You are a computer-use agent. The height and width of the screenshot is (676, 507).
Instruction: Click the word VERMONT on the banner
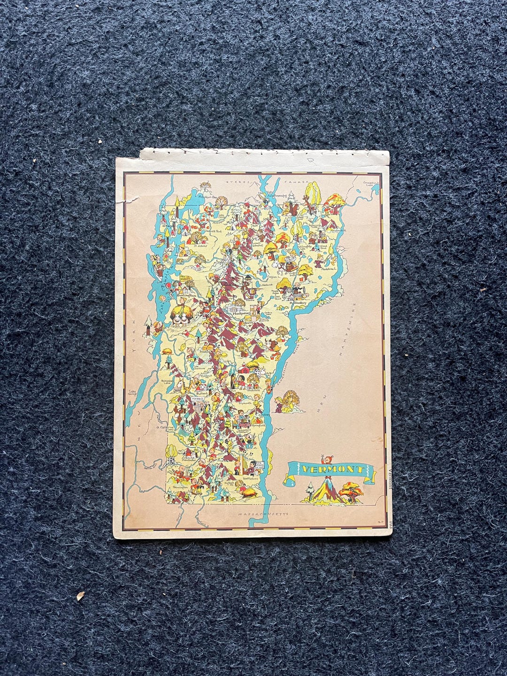331,470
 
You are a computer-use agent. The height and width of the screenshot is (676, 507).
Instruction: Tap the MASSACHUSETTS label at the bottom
263,514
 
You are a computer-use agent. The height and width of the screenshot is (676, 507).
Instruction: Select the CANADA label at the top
298,182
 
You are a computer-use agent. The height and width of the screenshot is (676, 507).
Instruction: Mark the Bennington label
180,488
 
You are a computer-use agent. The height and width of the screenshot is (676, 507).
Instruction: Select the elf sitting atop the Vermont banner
328,458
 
